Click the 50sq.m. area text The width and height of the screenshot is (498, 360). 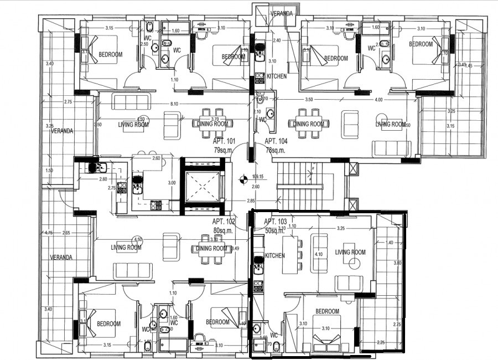(274, 230)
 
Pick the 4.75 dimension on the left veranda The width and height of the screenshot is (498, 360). (48, 233)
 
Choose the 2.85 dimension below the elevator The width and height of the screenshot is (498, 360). (251, 200)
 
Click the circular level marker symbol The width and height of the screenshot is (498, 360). (242, 179)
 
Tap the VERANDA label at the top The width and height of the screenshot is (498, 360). (281, 13)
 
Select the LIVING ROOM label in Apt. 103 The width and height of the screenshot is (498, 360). (350, 252)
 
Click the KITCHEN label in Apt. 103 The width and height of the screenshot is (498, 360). (275, 255)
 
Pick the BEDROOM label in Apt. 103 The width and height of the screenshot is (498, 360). (326, 311)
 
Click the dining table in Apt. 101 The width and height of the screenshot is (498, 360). (209, 124)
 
